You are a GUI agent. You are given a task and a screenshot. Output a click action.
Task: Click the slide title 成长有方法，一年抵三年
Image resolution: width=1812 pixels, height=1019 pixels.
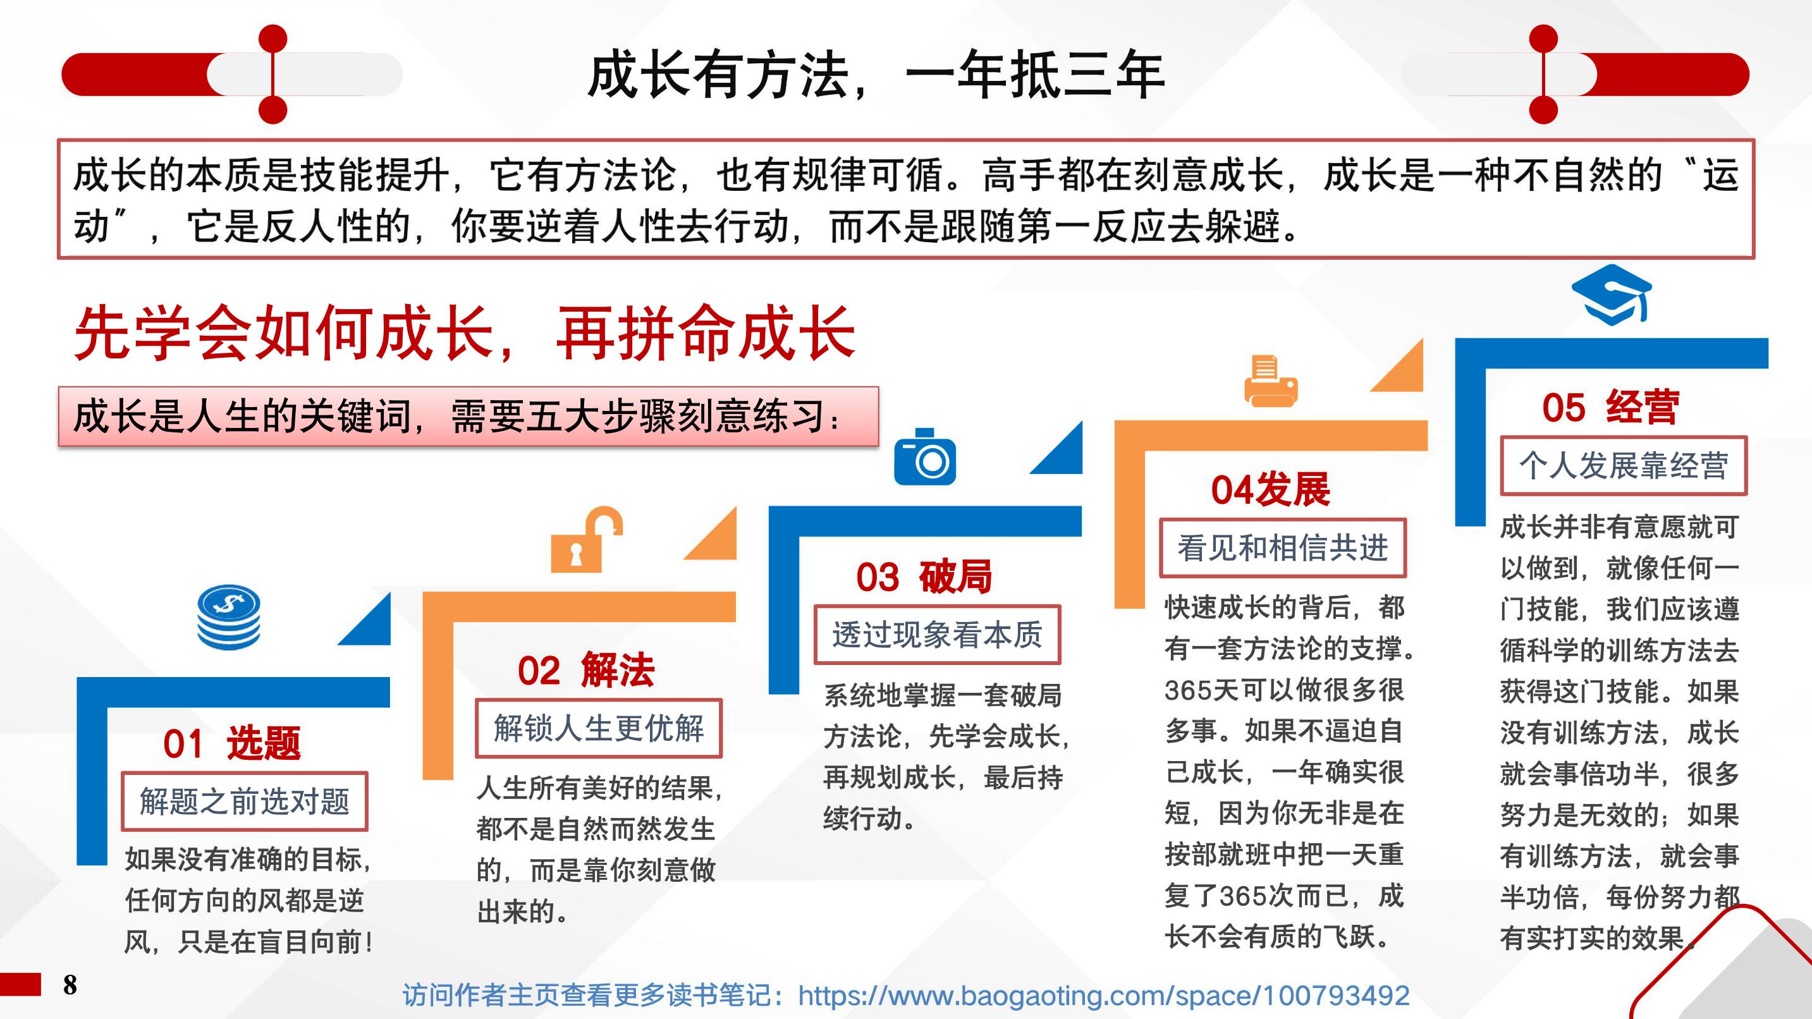coord(876,75)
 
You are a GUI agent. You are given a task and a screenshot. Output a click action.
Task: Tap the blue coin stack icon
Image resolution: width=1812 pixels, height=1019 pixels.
coord(229,617)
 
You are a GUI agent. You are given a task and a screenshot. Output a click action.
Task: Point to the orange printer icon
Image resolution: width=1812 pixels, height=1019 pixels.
coord(1271,381)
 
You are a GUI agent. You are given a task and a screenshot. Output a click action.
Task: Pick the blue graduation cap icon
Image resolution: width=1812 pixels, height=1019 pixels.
coord(1612,295)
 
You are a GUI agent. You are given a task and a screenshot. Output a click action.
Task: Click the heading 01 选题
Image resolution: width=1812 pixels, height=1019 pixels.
coord(232,743)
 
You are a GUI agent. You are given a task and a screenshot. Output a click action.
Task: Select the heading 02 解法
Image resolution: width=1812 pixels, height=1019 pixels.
coord(586,670)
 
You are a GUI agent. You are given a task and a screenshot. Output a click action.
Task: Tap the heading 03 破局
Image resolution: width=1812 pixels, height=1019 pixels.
coord(924,577)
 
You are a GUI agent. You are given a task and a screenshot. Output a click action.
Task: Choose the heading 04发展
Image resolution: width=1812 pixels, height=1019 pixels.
coord(1270,490)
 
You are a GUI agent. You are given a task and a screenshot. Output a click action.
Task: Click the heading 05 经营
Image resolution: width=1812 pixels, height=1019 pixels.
coord(1611,407)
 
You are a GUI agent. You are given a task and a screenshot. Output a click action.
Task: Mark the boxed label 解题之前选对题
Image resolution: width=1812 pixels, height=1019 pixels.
coord(244,801)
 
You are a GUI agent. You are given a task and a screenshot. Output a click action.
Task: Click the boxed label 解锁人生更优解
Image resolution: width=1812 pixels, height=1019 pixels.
coord(599,728)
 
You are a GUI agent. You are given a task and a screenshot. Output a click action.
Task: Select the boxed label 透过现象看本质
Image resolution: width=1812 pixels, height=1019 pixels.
coord(937,634)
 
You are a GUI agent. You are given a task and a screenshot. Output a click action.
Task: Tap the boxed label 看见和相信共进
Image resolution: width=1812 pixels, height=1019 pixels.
coord(1283,548)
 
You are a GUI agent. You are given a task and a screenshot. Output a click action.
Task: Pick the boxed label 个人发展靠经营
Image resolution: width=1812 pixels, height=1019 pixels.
coord(1624,465)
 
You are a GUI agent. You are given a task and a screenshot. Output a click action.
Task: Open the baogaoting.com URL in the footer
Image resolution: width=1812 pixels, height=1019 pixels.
coord(1104,995)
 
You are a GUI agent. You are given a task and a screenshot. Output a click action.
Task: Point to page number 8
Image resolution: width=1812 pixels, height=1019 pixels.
coord(70,985)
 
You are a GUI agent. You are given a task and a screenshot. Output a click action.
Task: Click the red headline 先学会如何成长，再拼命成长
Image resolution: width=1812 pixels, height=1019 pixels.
coord(465,334)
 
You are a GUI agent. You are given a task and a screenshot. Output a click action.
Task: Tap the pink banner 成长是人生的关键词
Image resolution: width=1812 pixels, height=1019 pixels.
coord(468,417)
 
